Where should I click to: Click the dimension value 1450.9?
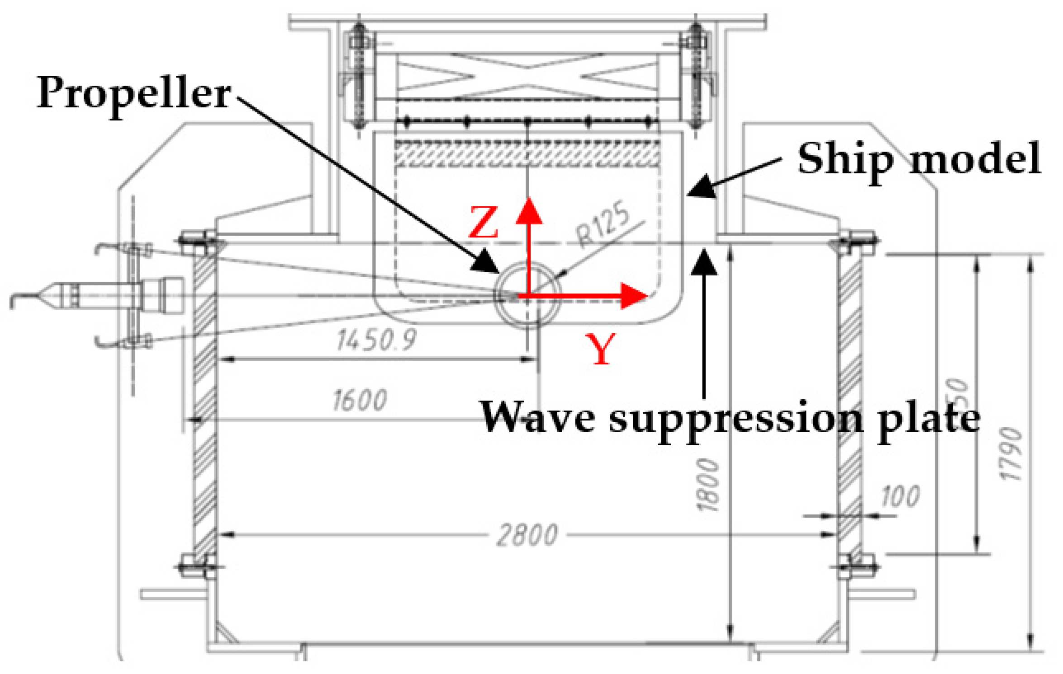[x=376, y=340]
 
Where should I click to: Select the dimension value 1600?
[x=360, y=401]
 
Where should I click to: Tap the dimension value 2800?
[x=527, y=536]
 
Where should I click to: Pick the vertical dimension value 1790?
[x=1010, y=454]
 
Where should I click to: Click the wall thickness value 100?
[x=900, y=496]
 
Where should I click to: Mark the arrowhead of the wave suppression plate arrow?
[x=703, y=262]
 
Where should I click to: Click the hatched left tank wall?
[x=204, y=407]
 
